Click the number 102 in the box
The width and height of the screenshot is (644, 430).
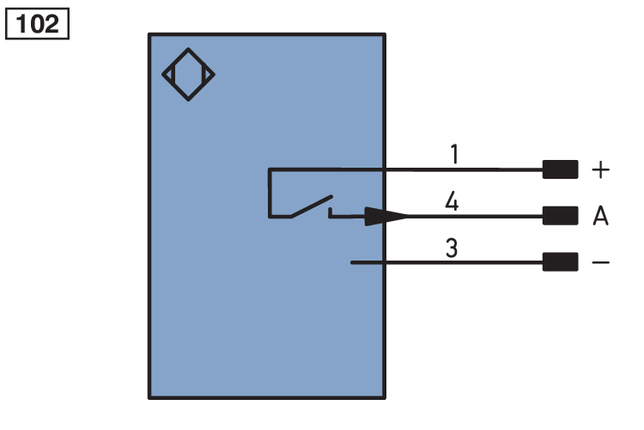coord(37,24)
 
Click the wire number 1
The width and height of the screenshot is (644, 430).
coord(454,154)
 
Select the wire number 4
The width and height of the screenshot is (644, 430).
coord(452,200)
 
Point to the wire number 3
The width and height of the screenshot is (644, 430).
coord(452,248)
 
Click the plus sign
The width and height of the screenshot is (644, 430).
coord(600,169)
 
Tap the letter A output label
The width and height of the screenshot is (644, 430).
coord(600,216)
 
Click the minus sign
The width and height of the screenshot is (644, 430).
coord(600,262)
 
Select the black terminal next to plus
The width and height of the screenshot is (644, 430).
coord(560,169)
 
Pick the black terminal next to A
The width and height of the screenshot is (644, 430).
coord(560,216)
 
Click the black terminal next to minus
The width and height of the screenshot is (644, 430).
coord(560,262)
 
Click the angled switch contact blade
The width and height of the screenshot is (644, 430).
coord(312,206)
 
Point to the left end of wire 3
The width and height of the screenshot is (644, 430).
coord(351,262)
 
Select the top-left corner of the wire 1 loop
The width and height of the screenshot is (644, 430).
coord(270,169)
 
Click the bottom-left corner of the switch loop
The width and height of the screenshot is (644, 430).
coord(270,217)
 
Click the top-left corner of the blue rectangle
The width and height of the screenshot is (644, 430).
coord(149,34)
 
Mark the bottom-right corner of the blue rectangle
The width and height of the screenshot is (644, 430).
coord(385,398)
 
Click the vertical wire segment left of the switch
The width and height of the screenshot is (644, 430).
coord(270,193)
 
